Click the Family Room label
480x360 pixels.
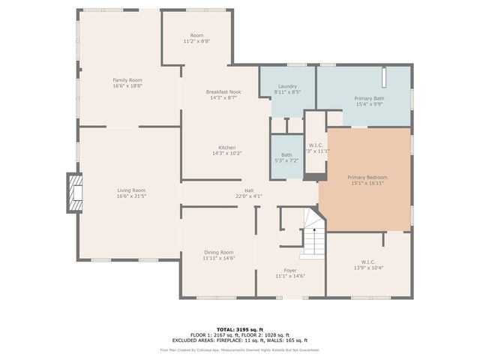pos(127,80)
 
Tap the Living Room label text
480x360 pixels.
pos(130,190)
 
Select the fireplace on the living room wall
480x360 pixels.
pos(74,193)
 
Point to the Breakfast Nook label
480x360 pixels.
pos(223,91)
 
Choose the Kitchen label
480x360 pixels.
pos(226,148)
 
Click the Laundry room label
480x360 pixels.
pos(288,86)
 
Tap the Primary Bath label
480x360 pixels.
pos(369,98)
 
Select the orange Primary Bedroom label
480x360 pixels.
pos(367,178)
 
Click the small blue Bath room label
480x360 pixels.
pos(286,154)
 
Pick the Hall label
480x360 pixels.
pos(248,190)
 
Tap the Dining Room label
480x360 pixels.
pos(219,252)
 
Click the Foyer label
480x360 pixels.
pos(289,270)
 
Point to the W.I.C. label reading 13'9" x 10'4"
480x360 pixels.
pos(367,268)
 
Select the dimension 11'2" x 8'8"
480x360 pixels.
pos(196,41)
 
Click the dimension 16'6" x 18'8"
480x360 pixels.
pos(127,86)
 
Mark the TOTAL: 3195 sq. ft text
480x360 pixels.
pos(239,329)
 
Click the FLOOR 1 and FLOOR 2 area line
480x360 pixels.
pos(239,334)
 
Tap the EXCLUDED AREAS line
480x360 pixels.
pos(239,340)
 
